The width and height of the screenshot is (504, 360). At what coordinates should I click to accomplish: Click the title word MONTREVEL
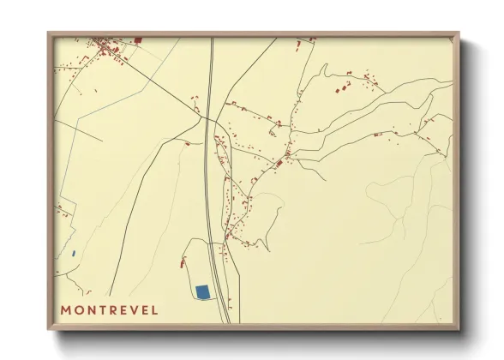click(x=110, y=309)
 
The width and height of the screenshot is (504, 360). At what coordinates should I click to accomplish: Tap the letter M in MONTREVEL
click(x=66, y=309)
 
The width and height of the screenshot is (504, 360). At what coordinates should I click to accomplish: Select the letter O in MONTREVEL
click(x=79, y=309)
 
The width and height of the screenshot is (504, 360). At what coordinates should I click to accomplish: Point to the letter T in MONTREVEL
click(x=102, y=309)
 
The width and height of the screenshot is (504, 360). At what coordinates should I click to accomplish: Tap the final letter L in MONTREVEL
click(x=155, y=309)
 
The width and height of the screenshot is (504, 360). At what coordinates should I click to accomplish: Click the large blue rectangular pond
click(x=202, y=292)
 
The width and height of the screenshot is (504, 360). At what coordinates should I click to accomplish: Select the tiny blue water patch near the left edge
click(x=74, y=254)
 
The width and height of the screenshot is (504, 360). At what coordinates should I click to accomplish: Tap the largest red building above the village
click(x=138, y=39)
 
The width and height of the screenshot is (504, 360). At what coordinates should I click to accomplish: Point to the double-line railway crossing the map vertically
click(x=208, y=171)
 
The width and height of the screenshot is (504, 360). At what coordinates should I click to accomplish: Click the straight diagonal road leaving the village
click(x=154, y=77)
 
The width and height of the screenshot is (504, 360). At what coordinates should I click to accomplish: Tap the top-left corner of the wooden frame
click(x=49, y=33)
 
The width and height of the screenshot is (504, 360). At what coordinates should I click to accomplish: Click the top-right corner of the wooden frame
click(x=458, y=33)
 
